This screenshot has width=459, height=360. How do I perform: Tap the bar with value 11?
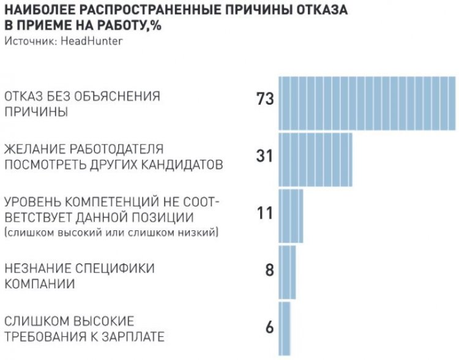(291, 216)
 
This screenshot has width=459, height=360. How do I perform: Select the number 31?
(264, 156)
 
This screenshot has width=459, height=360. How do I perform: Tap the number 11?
(265, 213)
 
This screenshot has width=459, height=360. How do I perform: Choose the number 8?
(269, 270)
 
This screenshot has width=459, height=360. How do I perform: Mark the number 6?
(269, 326)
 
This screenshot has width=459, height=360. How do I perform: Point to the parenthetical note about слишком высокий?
(113, 233)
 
